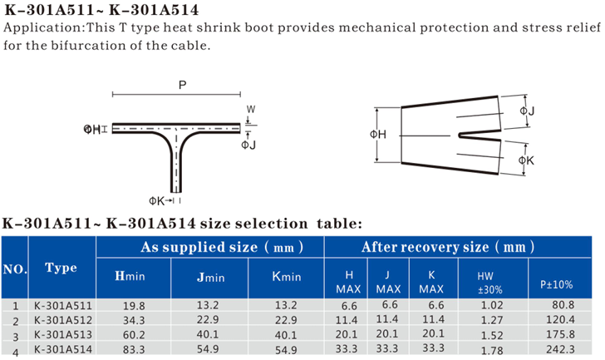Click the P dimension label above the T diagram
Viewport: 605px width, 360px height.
(x=183, y=85)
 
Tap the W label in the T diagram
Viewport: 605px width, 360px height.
(x=251, y=109)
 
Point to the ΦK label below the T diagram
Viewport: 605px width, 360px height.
(x=156, y=200)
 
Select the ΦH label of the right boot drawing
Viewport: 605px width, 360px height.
(x=378, y=135)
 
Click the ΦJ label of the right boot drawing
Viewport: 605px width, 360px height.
(x=527, y=111)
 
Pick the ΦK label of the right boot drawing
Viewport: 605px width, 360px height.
(x=526, y=160)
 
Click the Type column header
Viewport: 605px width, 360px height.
(x=61, y=268)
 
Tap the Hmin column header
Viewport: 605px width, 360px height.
(x=130, y=276)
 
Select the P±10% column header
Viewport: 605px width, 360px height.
(x=557, y=285)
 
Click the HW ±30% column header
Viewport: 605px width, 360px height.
(x=490, y=283)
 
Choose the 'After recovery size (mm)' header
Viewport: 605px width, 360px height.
(x=448, y=247)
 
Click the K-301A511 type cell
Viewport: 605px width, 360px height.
(x=63, y=306)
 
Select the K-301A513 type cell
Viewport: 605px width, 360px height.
(x=63, y=334)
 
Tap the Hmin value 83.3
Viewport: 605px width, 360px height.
(x=134, y=349)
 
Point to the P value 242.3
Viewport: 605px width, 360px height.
(x=560, y=349)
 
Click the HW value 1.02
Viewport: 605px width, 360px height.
(x=492, y=305)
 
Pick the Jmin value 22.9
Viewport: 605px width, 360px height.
(x=208, y=319)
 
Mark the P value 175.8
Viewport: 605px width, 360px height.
(x=560, y=334)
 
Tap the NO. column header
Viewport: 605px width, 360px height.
(x=15, y=269)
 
